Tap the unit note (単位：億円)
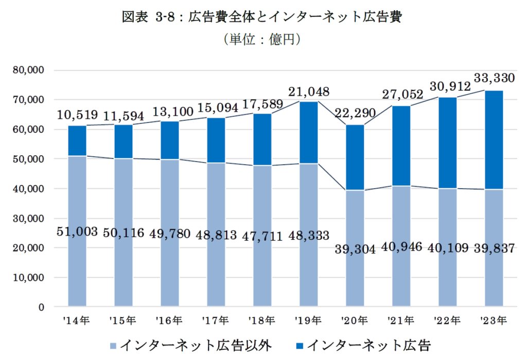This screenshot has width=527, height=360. coord(262,40)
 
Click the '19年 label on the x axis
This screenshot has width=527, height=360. coord(308,320)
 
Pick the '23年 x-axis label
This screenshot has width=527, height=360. coord(494,320)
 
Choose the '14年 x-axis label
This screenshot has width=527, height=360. coord(77,320)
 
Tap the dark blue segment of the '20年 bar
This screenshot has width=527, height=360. coord(355,157)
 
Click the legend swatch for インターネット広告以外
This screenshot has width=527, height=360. coord(113,344)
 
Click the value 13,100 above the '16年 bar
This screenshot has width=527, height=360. coord(170,110)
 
